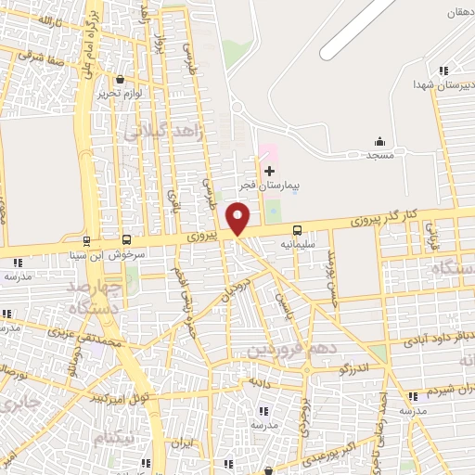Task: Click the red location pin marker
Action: (238, 219)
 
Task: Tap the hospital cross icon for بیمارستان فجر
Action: (270, 171)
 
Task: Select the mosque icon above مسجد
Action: (379, 141)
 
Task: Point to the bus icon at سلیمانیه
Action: (297, 229)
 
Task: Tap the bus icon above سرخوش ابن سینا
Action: (126, 238)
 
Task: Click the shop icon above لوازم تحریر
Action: (119, 80)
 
